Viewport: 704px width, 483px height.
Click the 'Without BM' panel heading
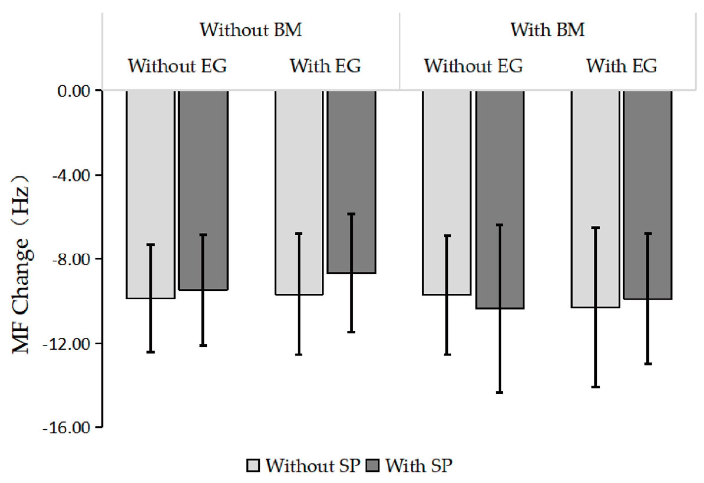click(x=251, y=30)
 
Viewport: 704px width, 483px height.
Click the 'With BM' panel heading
click(x=547, y=30)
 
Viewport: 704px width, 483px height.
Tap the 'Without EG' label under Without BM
click(x=177, y=66)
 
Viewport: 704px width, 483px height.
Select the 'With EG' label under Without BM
click(x=325, y=66)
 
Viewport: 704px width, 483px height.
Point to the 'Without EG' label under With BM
click(x=473, y=66)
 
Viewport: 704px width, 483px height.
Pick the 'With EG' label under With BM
click(x=622, y=66)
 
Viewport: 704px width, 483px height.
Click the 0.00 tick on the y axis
click(x=74, y=91)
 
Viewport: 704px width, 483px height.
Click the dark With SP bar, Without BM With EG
click(x=351, y=182)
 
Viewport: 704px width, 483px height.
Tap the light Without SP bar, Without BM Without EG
click(x=151, y=194)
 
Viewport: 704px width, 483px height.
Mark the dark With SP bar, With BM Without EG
click(x=500, y=200)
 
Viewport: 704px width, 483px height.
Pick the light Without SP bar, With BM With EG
click(x=595, y=198)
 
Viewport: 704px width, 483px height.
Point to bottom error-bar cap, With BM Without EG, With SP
click(x=500, y=393)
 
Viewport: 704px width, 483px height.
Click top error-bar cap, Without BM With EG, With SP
click(x=351, y=214)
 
